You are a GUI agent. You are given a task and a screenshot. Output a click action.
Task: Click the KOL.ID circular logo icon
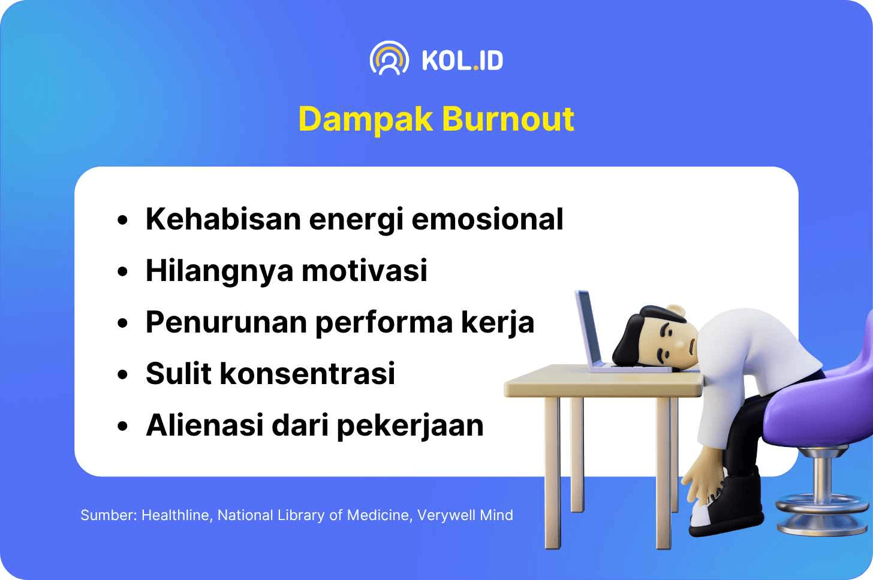click(389, 59)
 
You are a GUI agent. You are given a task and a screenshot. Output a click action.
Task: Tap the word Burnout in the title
click(508, 119)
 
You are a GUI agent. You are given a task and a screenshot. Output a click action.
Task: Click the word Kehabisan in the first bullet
click(223, 219)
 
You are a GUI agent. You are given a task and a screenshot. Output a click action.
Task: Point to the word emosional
click(487, 219)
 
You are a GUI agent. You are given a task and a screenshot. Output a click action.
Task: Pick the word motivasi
click(365, 270)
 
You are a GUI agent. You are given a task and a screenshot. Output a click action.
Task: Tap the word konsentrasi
click(308, 373)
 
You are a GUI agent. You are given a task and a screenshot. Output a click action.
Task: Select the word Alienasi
click(204, 425)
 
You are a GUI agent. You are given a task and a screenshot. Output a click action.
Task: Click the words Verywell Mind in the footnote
click(465, 515)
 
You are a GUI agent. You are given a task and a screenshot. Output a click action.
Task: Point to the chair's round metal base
click(823, 514)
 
